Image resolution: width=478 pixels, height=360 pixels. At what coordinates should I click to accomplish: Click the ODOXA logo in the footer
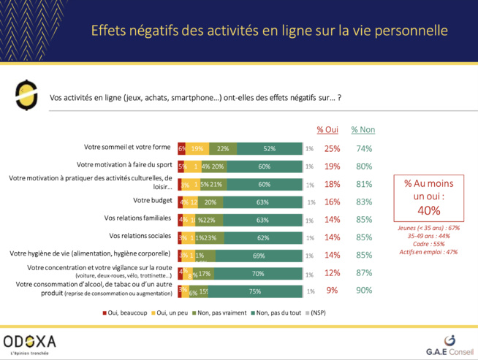30,342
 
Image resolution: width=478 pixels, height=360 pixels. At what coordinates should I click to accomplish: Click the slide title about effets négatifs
269,30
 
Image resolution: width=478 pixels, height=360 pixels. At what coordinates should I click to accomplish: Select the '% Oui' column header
332,130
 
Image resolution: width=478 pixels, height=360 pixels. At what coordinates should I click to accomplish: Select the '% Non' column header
363,130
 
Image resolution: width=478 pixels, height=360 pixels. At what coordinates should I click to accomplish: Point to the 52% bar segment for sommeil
269,149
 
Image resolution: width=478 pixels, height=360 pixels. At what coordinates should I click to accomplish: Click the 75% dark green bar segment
256,291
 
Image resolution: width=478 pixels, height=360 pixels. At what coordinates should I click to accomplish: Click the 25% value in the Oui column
333,149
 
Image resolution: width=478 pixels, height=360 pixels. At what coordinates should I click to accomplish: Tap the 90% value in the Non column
363,291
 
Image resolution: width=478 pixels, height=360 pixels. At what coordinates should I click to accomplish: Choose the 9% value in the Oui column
333,291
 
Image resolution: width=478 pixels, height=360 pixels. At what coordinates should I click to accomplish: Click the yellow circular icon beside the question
26,96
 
